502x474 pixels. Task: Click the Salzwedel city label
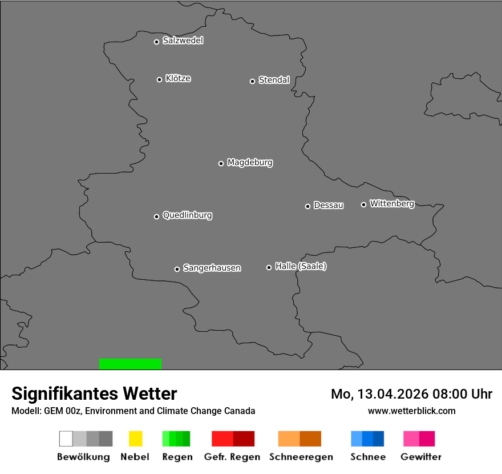(x=183, y=41)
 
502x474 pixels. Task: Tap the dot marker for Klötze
(x=159, y=79)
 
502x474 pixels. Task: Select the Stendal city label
(x=274, y=80)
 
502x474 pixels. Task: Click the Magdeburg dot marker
(x=221, y=163)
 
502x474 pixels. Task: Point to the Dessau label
(x=329, y=205)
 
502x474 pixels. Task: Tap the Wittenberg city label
(x=392, y=203)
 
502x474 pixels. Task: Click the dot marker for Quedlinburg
(x=156, y=216)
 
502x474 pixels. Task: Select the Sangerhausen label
(x=212, y=268)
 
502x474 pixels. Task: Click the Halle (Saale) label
(x=301, y=266)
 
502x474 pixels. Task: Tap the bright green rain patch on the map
(x=130, y=364)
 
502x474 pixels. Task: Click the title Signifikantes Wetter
(x=94, y=393)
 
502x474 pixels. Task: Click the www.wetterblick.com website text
(x=411, y=411)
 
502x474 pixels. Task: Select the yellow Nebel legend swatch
(x=135, y=439)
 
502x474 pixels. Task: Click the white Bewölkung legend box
(x=66, y=439)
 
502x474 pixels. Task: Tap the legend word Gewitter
(x=421, y=457)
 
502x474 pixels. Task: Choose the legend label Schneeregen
(x=299, y=457)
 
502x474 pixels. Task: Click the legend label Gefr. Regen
(x=233, y=457)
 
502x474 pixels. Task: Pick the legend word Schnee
(x=368, y=457)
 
